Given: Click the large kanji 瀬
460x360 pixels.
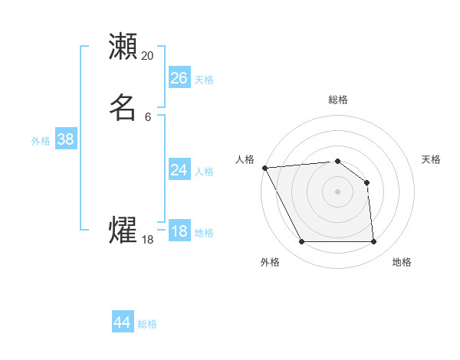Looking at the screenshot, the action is [123, 47].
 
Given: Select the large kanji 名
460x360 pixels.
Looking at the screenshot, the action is [123, 107].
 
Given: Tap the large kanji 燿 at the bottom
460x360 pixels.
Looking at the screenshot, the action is [123, 231].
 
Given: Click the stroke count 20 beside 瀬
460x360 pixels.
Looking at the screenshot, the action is [148, 56].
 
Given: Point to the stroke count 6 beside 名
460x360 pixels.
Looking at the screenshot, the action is [148, 116].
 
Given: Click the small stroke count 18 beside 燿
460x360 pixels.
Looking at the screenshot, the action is [148, 240].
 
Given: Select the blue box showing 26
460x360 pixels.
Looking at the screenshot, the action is [179, 77].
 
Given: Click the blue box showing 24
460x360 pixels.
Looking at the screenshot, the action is [179, 170].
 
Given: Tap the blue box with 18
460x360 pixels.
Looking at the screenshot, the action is [179, 231].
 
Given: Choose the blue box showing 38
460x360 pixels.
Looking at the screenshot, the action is [65, 139].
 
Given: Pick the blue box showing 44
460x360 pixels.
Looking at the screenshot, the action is [122, 322].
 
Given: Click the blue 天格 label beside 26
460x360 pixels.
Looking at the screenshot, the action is [204, 80].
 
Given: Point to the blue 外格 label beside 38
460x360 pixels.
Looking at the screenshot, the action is [41, 141].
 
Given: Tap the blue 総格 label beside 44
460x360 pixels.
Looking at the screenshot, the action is [147, 324].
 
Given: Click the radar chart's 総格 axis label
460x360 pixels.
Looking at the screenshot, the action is [338, 100].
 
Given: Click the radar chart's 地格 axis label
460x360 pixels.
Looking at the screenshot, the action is [402, 262].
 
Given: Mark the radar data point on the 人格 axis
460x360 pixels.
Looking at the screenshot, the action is [264, 168].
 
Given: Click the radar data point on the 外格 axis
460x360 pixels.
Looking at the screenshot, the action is [301, 242].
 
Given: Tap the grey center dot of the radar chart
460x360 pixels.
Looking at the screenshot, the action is [338, 191].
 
